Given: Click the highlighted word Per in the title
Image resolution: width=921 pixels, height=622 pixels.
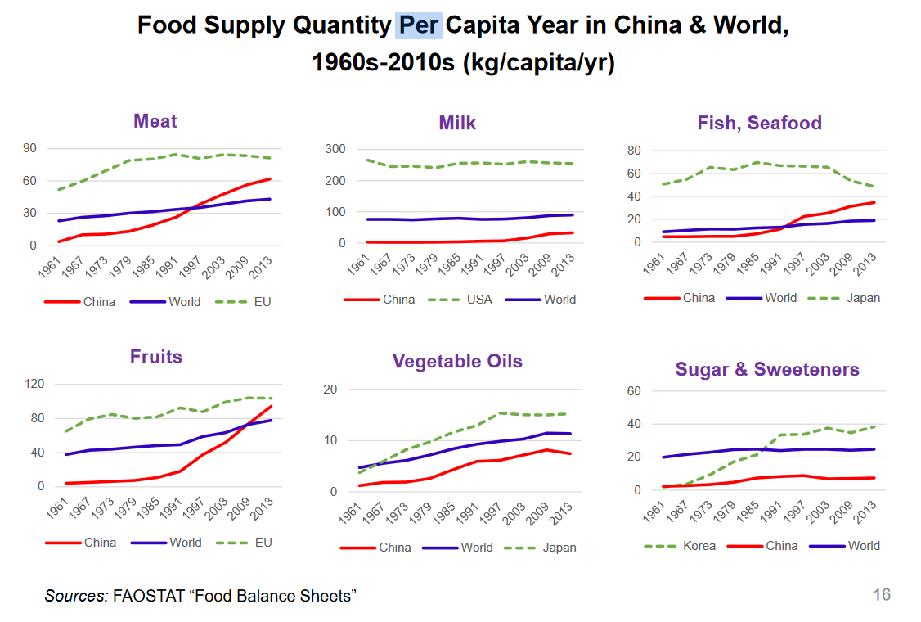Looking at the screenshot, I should [x=419, y=25].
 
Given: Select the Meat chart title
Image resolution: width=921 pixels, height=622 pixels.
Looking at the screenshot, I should [x=155, y=121].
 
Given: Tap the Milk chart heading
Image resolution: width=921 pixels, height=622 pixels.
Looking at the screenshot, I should [x=457, y=123].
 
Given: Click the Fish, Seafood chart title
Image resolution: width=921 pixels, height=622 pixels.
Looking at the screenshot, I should [x=759, y=123].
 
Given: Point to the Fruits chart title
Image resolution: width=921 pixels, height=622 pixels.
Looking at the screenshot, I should [x=156, y=357].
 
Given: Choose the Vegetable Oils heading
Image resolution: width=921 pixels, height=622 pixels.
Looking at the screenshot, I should [x=457, y=361].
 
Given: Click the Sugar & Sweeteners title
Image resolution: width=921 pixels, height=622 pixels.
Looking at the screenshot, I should [x=767, y=369].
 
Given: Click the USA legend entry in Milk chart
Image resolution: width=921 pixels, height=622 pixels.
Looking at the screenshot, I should [x=478, y=300].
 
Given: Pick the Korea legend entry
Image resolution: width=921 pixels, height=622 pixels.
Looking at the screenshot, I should [x=699, y=546].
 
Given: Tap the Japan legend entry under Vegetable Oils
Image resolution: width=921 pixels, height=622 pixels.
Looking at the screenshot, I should [x=559, y=548].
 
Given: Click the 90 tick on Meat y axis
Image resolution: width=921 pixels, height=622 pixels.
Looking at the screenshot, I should [x=30, y=148].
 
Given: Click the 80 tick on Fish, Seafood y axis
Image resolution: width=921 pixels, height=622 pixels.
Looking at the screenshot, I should [x=632, y=151].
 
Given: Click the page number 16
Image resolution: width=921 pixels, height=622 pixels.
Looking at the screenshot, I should [x=881, y=595].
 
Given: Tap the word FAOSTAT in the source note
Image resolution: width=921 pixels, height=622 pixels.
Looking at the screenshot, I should [x=146, y=596].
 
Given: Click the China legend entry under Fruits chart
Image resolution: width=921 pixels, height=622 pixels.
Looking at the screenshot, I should [x=99, y=543].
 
